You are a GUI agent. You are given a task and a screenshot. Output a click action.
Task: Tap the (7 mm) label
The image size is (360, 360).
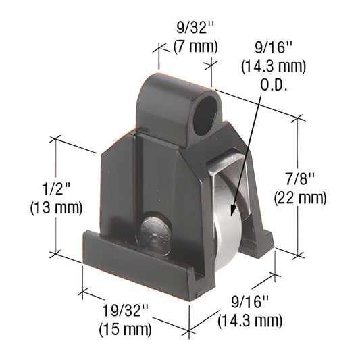(195, 47)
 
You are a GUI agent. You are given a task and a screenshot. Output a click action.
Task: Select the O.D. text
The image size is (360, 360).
(273, 83)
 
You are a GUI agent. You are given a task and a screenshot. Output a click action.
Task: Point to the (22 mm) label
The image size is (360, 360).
(300, 197)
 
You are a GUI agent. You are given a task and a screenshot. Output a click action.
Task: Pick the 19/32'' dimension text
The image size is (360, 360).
(125, 313)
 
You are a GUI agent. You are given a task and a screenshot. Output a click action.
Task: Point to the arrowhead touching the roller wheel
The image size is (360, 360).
(231, 213)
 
